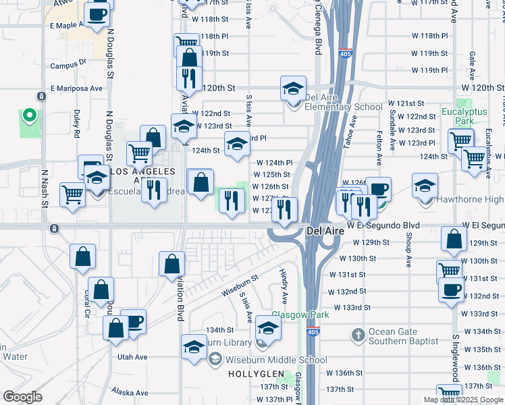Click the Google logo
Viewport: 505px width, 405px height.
pyautogui.click(x=22, y=397)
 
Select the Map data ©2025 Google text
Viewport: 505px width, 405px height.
pyautogui.click(x=463, y=400)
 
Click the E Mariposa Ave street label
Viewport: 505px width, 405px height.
pyautogui.click(x=77, y=88)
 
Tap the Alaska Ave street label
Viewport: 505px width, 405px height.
pyautogui.click(x=130, y=392)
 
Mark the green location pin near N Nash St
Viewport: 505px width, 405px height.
pyautogui.click(x=29, y=115)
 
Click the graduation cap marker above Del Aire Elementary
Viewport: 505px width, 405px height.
pyautogui.click(x=294, y=88)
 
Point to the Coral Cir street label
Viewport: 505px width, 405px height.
pyautogui.click(x=86, y=304)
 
